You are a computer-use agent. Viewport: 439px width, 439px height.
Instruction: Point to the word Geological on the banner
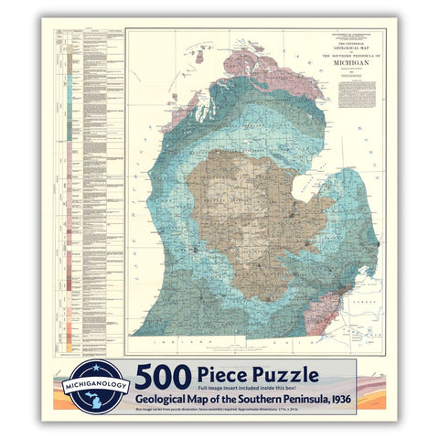point(166,399)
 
